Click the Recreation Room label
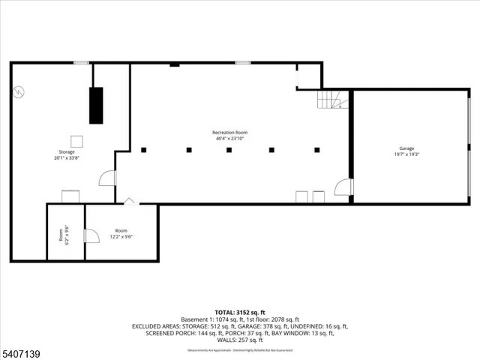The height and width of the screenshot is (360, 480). (x=229, y=132)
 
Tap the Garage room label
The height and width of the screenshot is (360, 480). (x=406, y=148)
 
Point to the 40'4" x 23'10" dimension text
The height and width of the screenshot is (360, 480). (x=229, y=139)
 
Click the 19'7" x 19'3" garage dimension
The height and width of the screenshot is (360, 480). (x=406, y=154)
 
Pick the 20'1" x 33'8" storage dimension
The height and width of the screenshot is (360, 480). (x=66, y=158)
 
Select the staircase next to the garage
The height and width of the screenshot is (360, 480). (x=333, y=99)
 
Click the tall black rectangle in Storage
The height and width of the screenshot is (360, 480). (x=96, y=105)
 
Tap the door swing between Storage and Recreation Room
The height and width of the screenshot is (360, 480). (x=108, y=178)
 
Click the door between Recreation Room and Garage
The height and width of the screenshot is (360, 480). (x=343, y=187)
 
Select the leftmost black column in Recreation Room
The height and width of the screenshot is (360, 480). (x=143, y=150)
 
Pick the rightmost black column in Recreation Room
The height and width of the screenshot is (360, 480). (x=317, y=150)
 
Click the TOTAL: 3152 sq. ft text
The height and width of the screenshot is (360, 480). (x=239, y=311)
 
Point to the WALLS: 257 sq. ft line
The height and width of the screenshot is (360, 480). (x=239, y=340)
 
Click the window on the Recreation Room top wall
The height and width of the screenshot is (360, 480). (x=242, y=63)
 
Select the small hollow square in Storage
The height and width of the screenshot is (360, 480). (x=76, y=140)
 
